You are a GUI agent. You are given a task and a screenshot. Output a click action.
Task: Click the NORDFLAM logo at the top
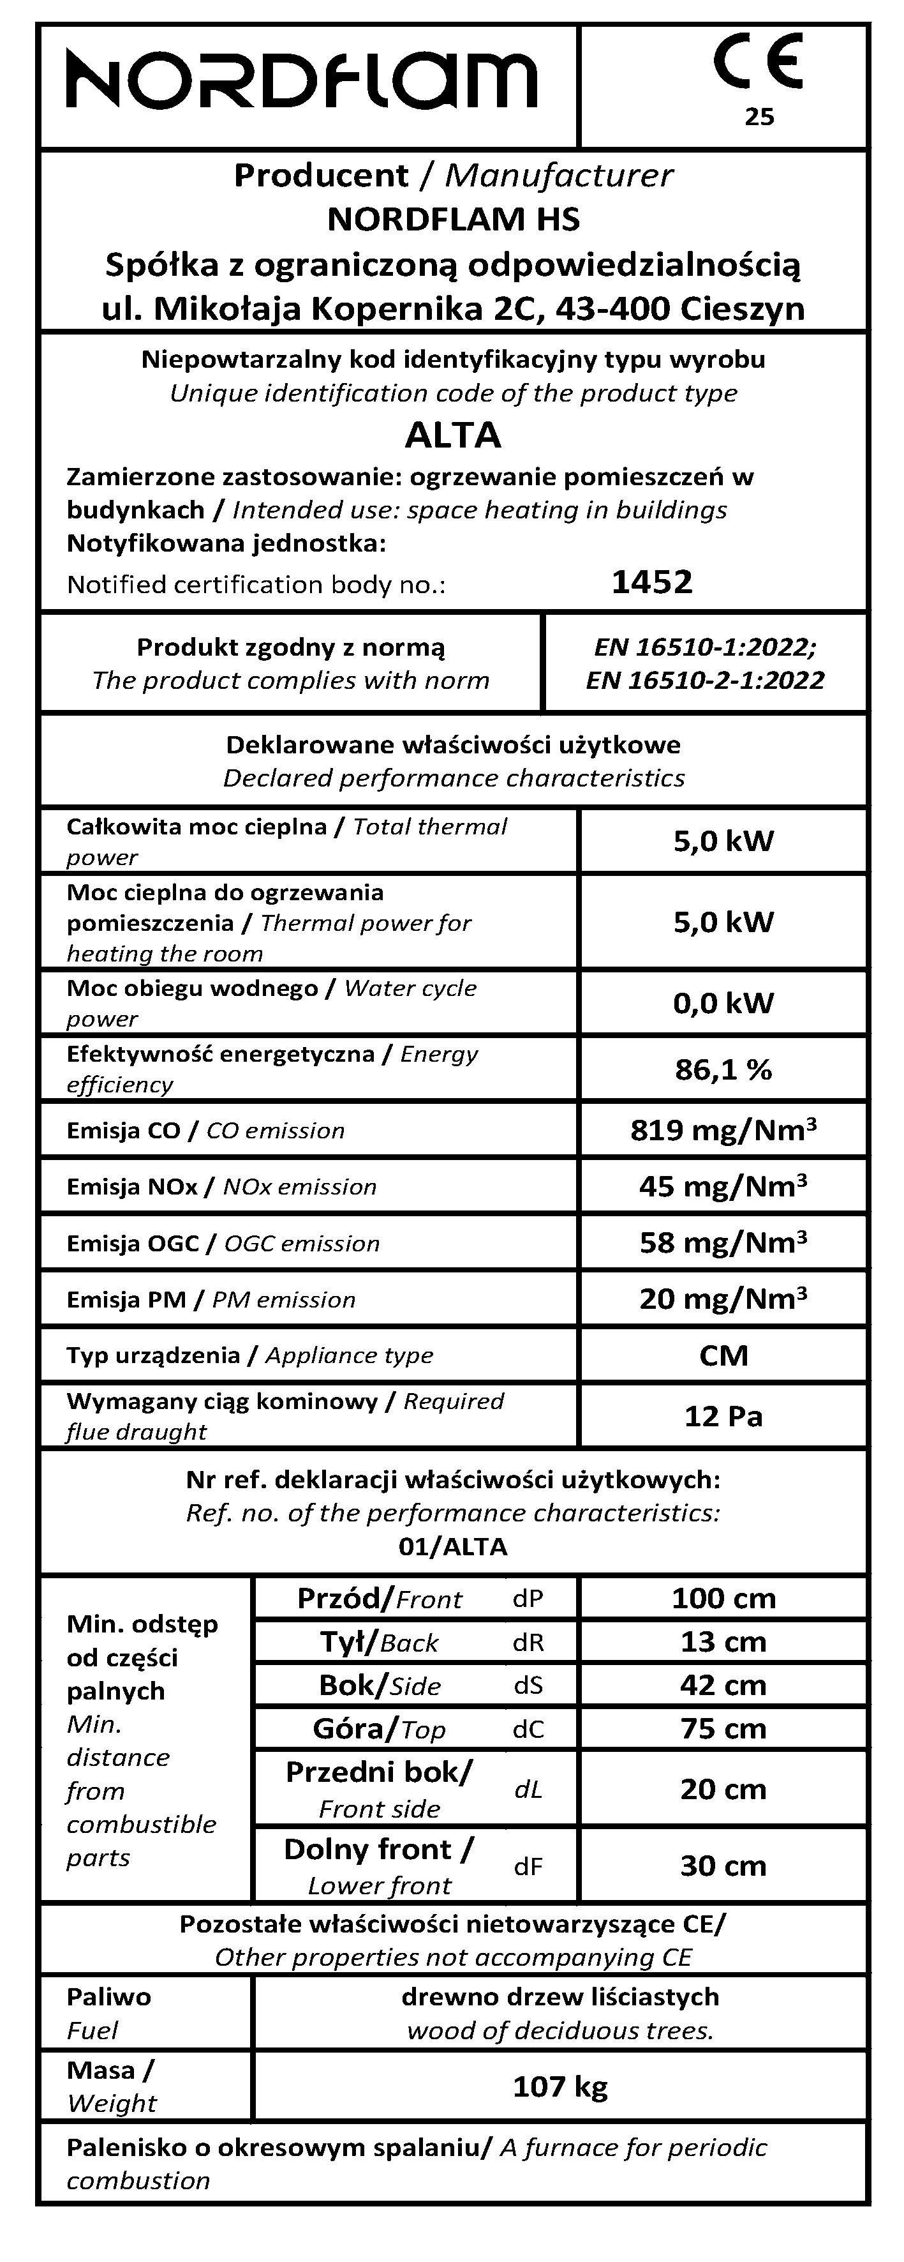tap(302, 81)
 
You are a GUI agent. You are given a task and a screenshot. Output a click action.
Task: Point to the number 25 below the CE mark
tap(759, 117)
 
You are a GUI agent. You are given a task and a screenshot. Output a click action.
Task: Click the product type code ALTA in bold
tap(453, 435)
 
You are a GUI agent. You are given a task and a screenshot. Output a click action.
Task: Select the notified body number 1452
tap(651, 582)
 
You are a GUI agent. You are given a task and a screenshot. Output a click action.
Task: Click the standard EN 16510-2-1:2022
tap(705, 681)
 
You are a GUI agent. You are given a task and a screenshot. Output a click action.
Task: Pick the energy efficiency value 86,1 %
tap(723, 1069)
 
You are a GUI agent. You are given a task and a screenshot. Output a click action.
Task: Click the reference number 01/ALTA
tap(453, 1547)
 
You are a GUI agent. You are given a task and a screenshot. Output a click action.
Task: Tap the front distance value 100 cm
tap(723, 1598)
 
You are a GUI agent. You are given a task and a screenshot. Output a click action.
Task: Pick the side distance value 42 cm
tap(723, 1685)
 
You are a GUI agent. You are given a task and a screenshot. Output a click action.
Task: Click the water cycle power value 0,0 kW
tap(723, 1003)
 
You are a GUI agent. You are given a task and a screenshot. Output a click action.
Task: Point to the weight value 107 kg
tap(560, 2086)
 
